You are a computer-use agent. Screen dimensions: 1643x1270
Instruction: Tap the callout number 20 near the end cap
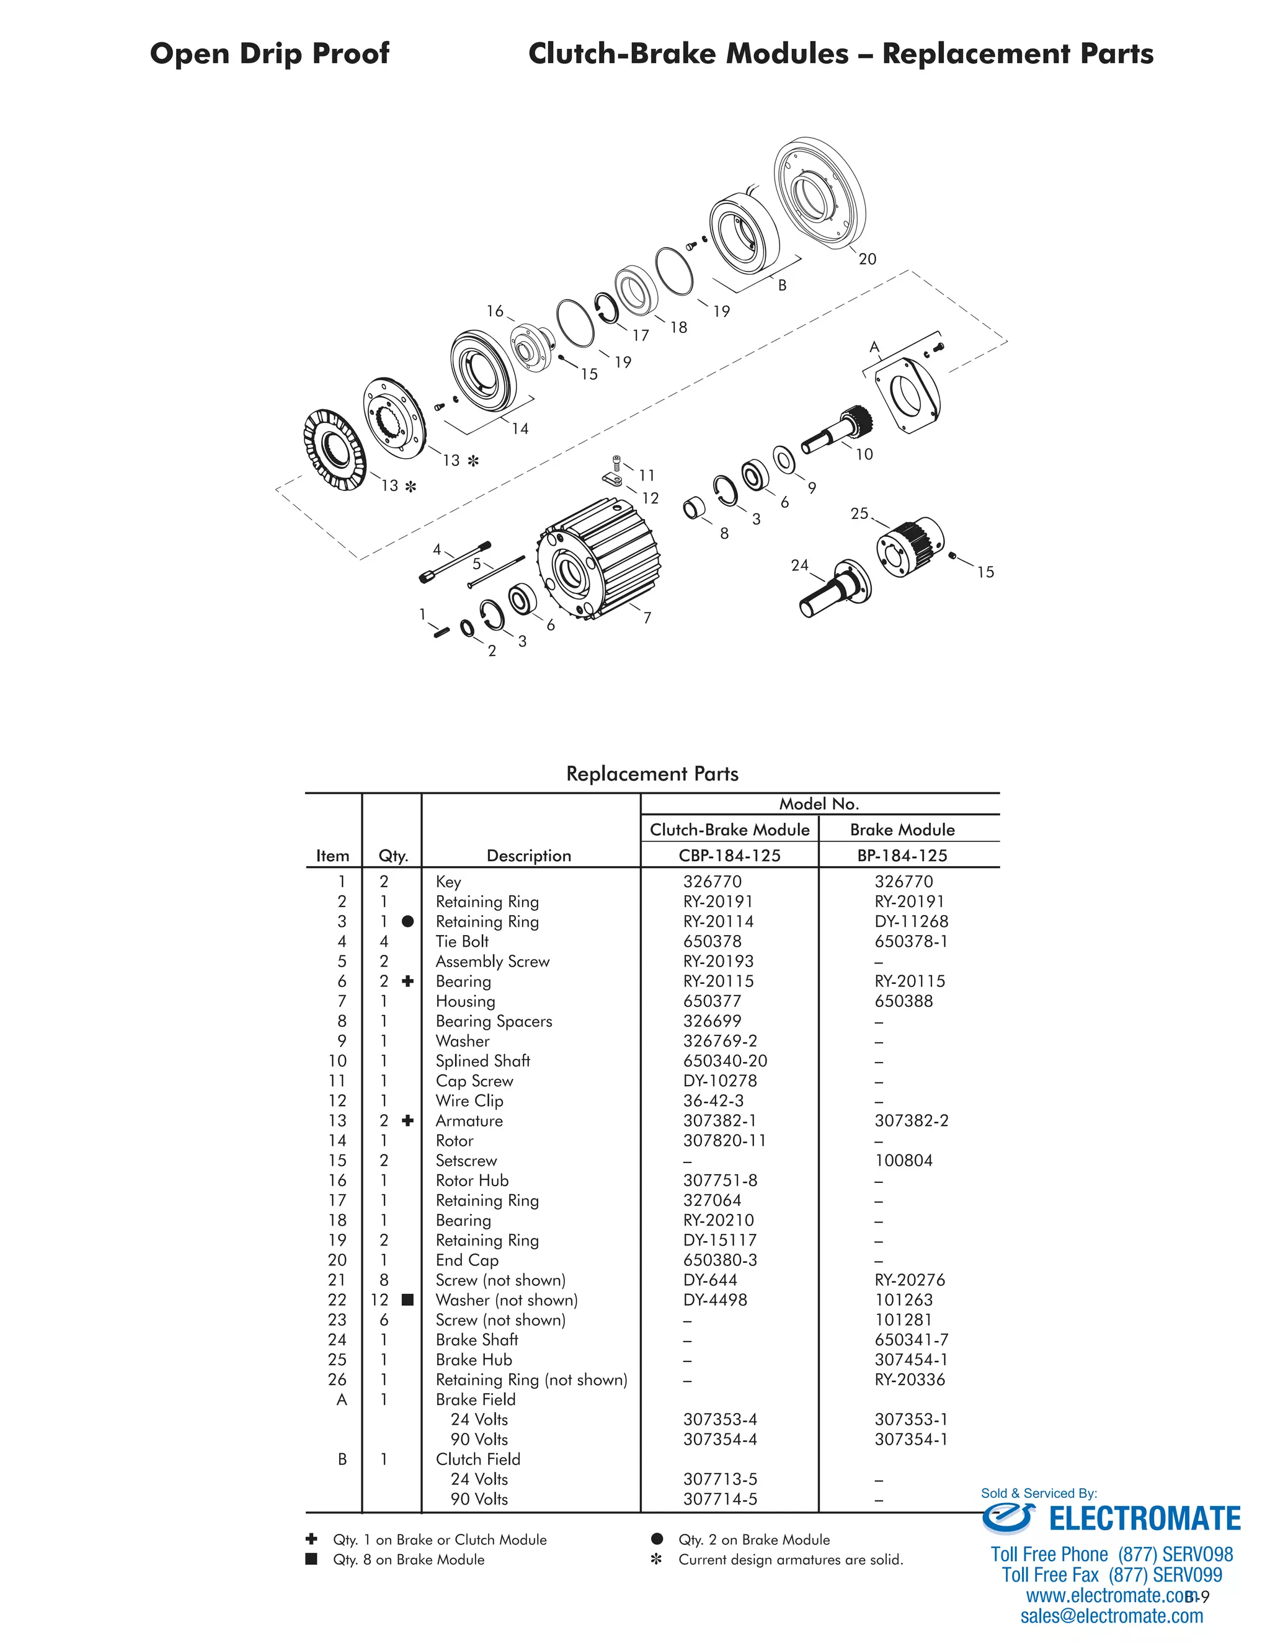(x=868, y=259)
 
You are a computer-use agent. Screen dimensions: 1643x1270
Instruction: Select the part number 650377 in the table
(x=712, y=1001)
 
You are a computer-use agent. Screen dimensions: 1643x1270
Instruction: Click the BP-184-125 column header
(x=902, y=856)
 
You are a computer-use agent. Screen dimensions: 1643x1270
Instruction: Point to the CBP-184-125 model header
(x=729, y=856)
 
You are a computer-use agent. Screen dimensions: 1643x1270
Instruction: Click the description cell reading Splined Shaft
(x=482, y=1061)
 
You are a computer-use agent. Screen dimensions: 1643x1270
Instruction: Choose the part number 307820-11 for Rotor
(x=724, y=1140)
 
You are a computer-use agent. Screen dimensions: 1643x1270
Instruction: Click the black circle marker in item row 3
(x=408, y=921)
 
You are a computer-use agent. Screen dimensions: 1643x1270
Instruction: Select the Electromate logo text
(x=1143, y=1519)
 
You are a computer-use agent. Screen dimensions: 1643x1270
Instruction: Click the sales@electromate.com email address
(x=1111, y=1616)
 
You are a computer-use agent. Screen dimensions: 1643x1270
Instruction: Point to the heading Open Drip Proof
(x=269, y=53)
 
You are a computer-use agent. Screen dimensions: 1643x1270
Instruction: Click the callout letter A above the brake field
(x=874, y=347)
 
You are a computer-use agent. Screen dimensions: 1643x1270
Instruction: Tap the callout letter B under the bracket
(x=783, y=286)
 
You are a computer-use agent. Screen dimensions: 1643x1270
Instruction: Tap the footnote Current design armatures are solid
(x=790, y=1559)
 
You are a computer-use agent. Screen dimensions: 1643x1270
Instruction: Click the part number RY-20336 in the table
(x=910, y=1379)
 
